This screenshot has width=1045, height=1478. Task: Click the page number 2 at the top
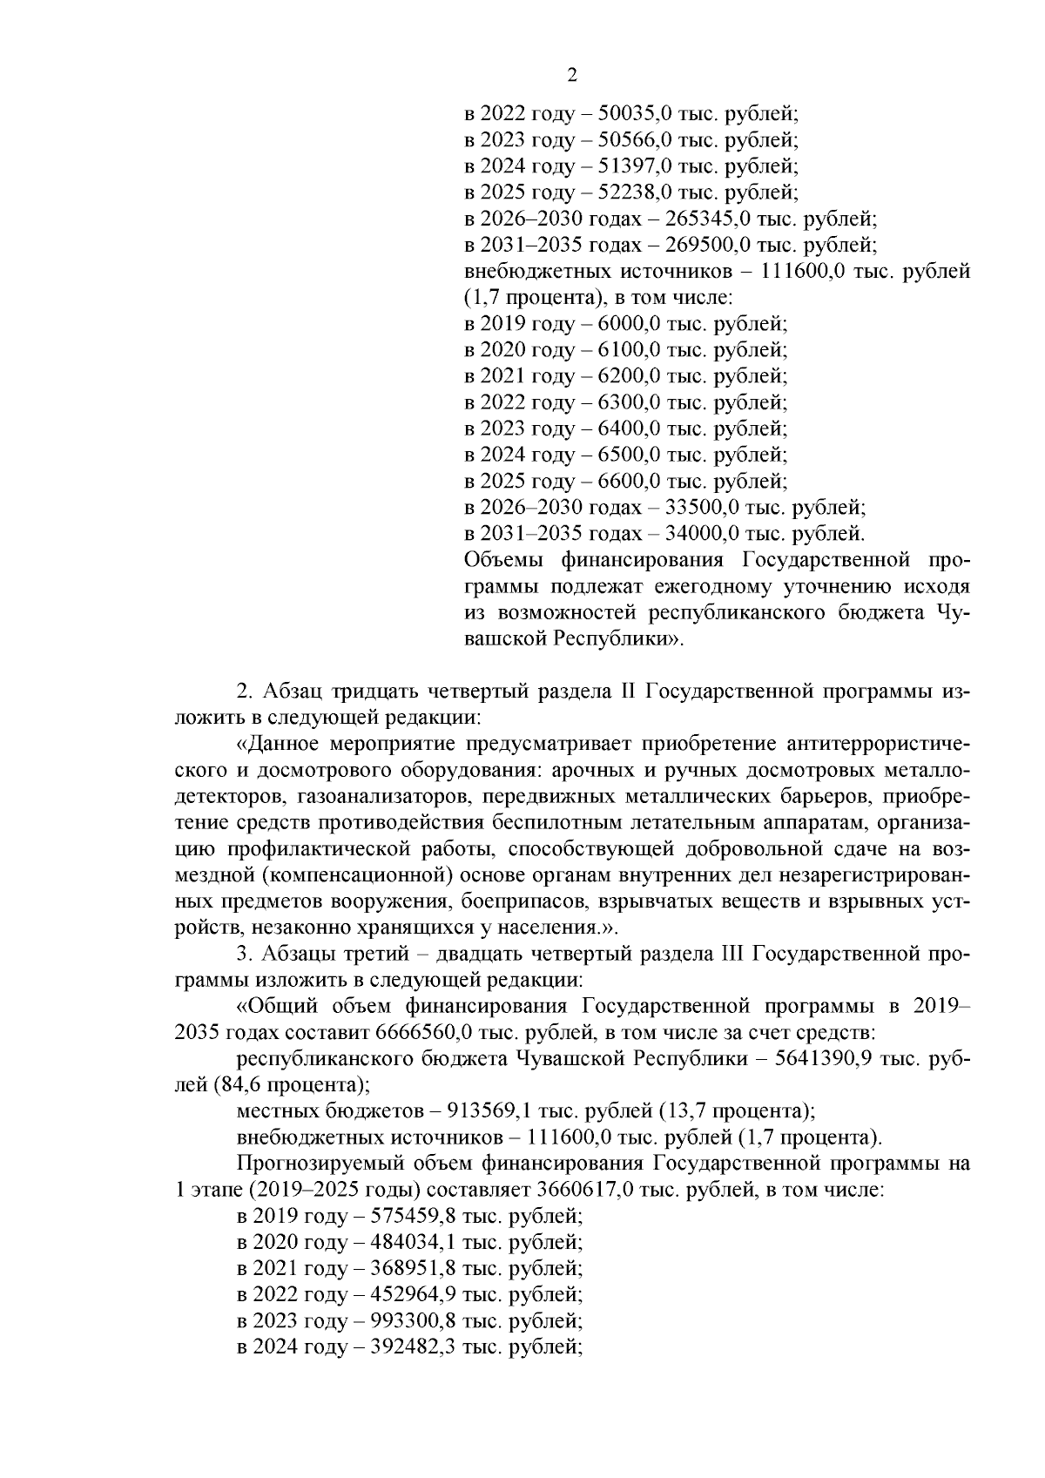point(571,75)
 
